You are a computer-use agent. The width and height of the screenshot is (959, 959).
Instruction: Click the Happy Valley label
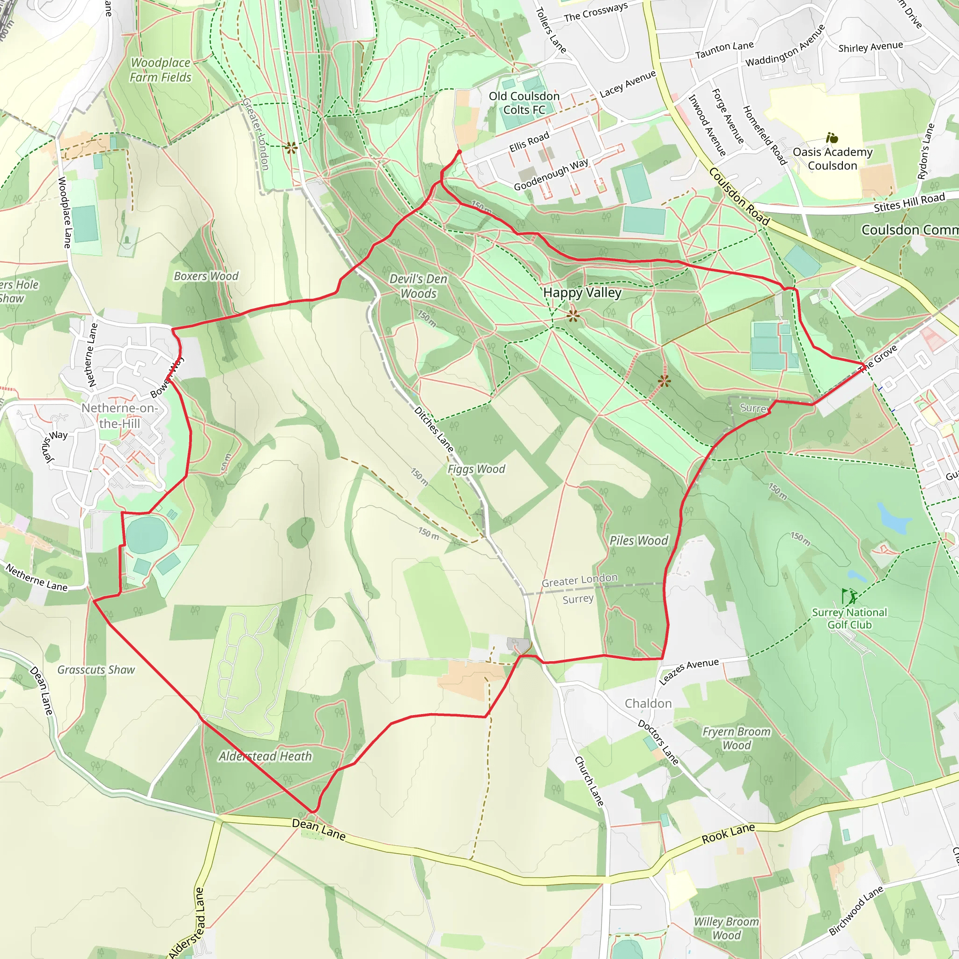point(582,292)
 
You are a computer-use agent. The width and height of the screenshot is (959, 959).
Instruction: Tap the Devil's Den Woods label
point(419,286)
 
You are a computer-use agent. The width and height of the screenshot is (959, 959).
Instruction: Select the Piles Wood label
point(639,540)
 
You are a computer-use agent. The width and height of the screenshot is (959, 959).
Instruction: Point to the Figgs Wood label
point(476,469)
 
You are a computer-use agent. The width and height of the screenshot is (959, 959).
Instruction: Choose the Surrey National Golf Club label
point(849,619)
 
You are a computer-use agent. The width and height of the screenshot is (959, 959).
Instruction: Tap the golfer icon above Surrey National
point(849,596)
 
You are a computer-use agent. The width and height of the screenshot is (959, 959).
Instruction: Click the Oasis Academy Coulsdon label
point(833,159)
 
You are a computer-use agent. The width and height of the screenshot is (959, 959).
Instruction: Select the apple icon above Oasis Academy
point(832,138)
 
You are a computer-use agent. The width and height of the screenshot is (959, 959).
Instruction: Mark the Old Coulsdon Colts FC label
point(524,103)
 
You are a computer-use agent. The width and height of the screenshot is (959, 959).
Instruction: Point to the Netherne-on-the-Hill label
point(119,415)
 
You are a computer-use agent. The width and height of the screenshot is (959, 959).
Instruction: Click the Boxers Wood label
point(206,276)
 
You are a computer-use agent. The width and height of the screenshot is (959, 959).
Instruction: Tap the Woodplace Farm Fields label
point(160,70)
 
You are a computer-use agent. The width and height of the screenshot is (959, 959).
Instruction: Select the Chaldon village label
point(648,703)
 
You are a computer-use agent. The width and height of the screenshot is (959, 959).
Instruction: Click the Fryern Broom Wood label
point(737,738)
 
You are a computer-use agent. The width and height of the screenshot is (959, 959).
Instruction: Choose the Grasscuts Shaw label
point(96,670)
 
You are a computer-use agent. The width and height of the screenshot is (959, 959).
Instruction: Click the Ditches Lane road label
point(434,429)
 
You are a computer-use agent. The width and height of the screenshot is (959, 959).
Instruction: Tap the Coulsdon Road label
point(739,197)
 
